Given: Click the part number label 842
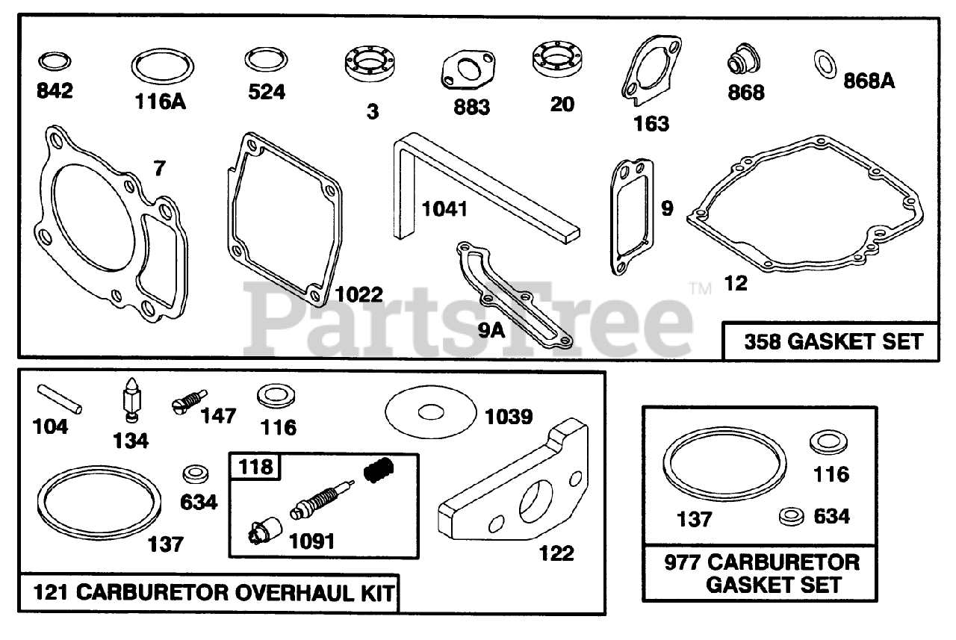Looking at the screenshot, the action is (x=55, y=91).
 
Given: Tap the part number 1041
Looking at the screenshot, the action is (x=444, y=209).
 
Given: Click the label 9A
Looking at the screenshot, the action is (x=491, y=331).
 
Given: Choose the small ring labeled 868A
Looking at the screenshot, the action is (x=825, y=64).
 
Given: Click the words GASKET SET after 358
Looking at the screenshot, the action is (x=855, y=342).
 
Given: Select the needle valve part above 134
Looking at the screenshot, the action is (x=131, y=400).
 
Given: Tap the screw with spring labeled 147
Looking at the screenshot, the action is (x=189, y=402).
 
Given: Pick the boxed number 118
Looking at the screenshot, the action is (x=255, y=467).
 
